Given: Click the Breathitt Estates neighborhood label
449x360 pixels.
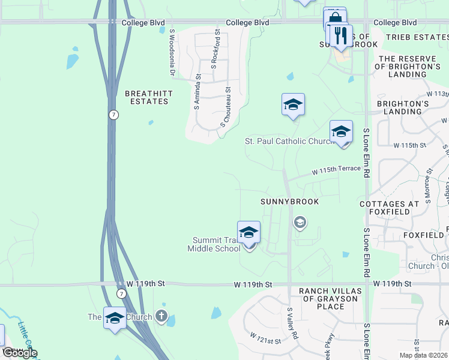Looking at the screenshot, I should [x=146, y=97].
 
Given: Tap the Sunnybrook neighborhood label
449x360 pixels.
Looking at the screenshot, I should [x=290, y=202].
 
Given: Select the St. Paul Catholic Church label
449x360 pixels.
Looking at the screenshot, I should [x=289, y=142].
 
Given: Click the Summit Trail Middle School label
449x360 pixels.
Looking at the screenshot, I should [x=214, y=244].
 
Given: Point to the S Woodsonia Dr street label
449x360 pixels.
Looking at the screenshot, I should [x=172, y=53].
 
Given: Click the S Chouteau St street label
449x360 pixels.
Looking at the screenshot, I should [x=226, y=106].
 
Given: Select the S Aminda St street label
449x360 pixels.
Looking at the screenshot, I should [x=197, y=91].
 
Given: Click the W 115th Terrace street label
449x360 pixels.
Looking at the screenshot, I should [x=336, y=170].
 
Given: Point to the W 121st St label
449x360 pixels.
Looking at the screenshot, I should [x=265, y=337].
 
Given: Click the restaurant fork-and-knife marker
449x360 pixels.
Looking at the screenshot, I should [x=340, y=35].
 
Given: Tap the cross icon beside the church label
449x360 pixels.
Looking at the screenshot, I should [x=161, y=316].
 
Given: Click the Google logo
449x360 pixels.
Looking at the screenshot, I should [x=19, y=352].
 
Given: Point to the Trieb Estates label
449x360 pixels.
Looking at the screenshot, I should [x=417, y=37].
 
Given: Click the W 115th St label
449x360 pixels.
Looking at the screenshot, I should [x=409, y=145].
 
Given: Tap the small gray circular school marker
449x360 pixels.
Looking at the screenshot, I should [x=300, y=223].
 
